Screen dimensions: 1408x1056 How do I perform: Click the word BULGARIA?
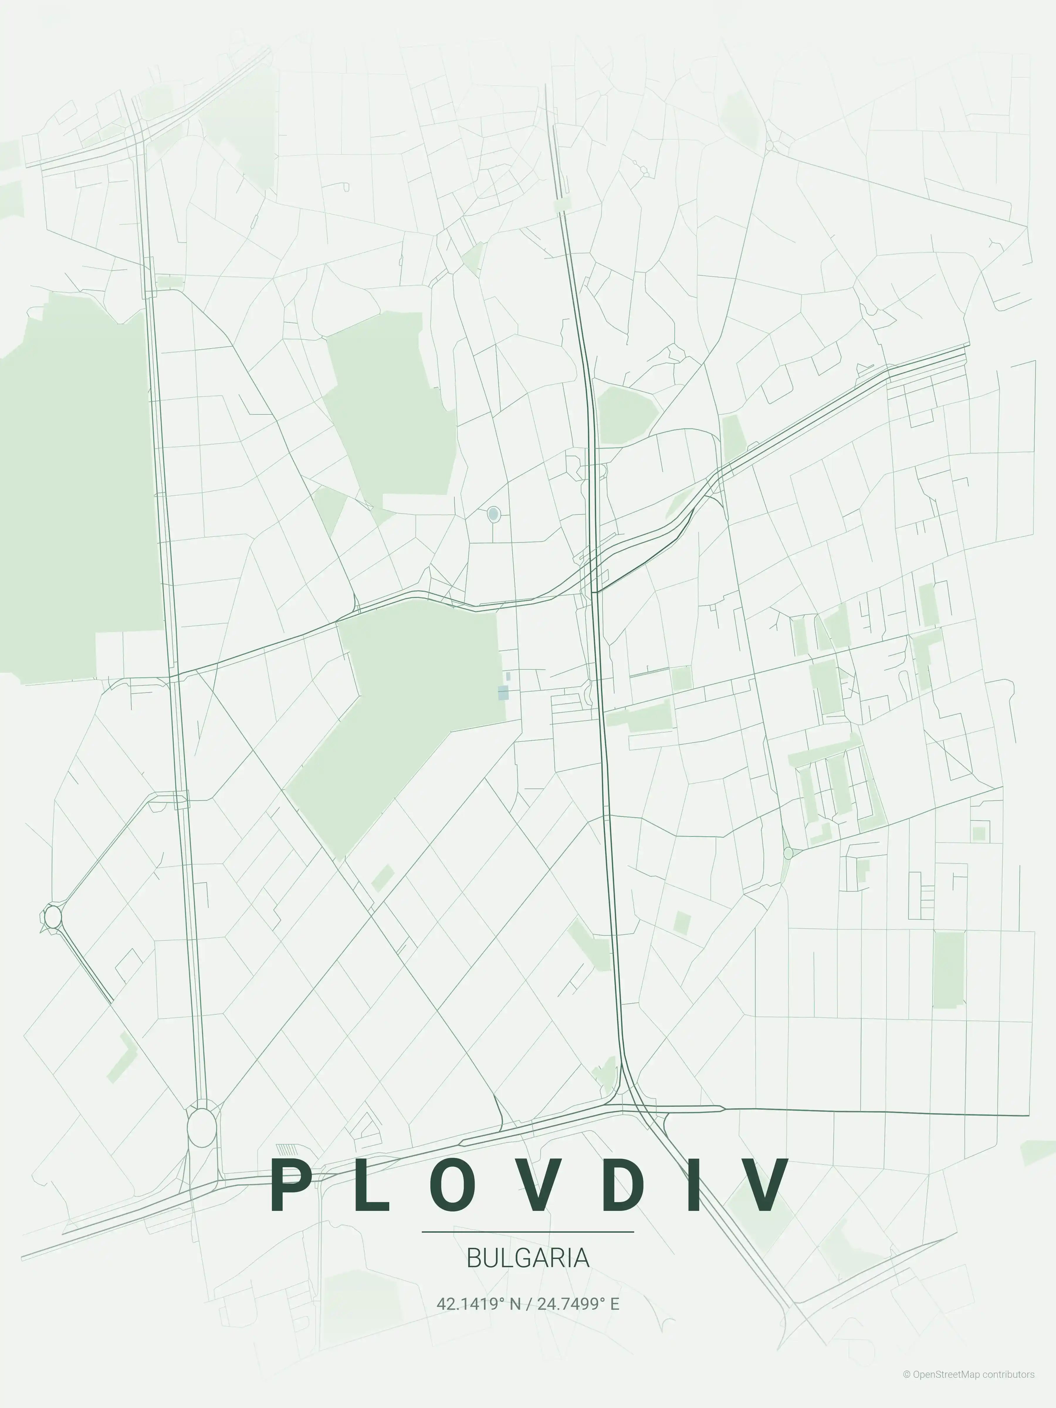528,1258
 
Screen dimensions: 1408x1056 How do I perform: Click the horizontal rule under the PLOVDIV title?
528,1232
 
